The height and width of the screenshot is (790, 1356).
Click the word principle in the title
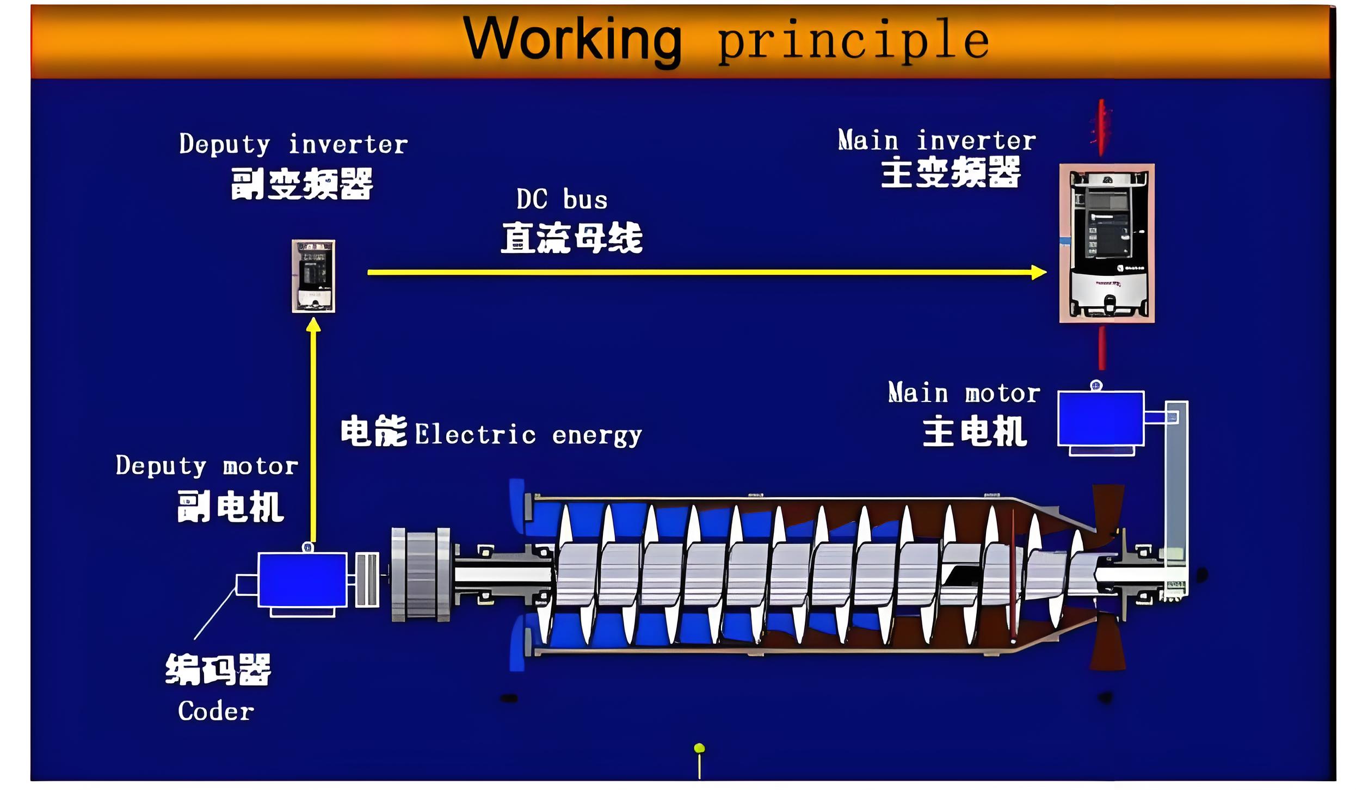(x=853, y=41)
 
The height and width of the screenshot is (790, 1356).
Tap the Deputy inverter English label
(x=293, y=144)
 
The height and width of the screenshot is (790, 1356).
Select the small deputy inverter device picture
(x=313, y=276)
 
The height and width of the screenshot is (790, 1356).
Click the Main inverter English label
(x=937, y=140)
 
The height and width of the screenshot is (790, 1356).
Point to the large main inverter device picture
(x=1107, y=243)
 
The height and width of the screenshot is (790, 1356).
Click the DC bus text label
(x=562, y=199)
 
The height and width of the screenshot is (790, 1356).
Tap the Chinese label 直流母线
(x=572, y=238)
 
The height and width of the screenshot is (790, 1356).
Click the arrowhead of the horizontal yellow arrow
(x=1039, y=272)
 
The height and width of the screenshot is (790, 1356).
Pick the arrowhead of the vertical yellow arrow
(x=313, y=325)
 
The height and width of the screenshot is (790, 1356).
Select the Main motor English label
(x=964, y=393)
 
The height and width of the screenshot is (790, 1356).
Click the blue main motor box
(x=1101, y=418)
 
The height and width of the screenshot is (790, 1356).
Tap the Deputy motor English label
(x=207, y=466)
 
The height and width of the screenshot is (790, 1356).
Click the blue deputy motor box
(x=303, y=579)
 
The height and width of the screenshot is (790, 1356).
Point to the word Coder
(x=216, y=711)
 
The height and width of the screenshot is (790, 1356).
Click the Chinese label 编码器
(x=218, y=669)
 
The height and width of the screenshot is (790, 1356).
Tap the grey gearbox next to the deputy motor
(x=421, y=574)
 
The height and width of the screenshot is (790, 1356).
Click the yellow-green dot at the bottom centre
(x=700, y=749)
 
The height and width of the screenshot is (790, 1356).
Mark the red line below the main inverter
(x=1102, y=348)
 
